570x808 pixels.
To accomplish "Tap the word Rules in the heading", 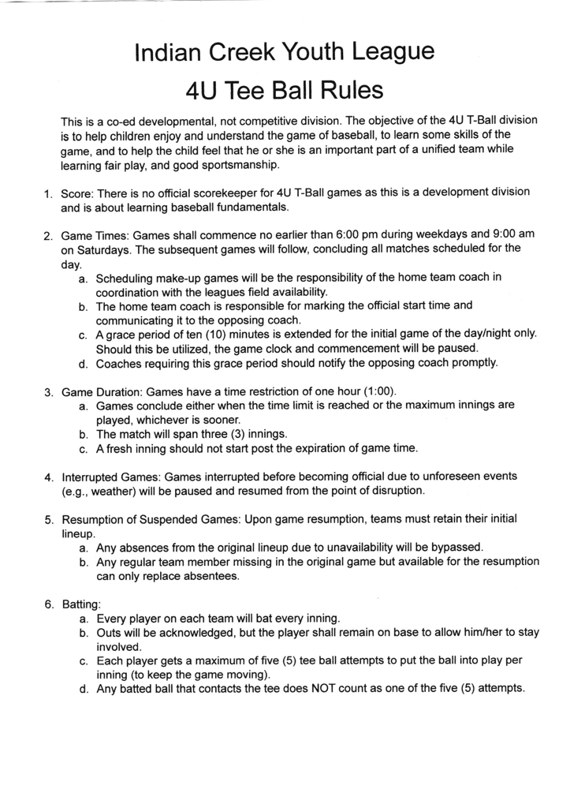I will pyautogui.click(x=348, y=92).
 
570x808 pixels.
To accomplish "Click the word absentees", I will pyautogui.click(x=206, y=576).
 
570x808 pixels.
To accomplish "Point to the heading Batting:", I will pyautogui.click(x=81, y=604).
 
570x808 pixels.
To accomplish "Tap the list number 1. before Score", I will pyautogui.click(x=47, y=193).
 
